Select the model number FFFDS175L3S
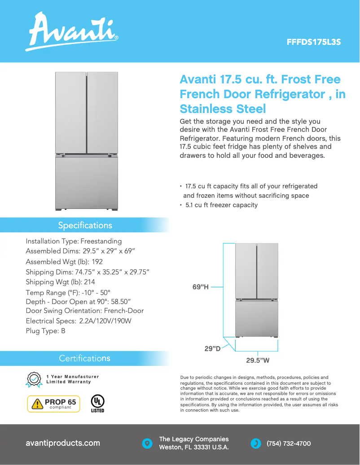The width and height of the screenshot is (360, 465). tap(314, 43)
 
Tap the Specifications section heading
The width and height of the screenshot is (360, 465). tap(85, 225)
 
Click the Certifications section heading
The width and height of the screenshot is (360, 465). tap(84, 358)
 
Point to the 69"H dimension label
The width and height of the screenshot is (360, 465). tap(201, 287)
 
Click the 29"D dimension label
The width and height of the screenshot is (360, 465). tap(212, 348)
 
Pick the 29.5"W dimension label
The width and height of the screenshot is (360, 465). tap(258, 360)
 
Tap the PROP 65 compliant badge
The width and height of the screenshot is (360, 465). tap(53, 404)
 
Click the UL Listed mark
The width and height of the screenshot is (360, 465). tap(97, 403)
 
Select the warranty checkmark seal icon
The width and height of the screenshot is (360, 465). tap(34, 379)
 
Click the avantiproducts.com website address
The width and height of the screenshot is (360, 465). tap(63, 443)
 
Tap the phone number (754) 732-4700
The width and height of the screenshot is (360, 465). tap(289, 443)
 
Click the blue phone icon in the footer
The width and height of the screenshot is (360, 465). tap(255, 443)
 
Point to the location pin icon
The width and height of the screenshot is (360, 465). tap(146, 443)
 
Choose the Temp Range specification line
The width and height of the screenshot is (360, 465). tap(68, 292)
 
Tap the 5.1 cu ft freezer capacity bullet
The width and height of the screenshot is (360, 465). tap(221, 205)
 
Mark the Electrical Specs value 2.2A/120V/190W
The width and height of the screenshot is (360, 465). tap(105, 321)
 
